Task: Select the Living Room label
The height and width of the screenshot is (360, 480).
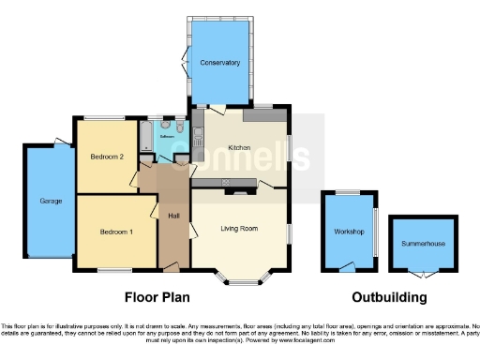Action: (x=239, y=229)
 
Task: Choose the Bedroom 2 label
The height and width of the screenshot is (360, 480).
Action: (x=108, y=157)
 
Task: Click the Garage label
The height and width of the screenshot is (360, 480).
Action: (x=50, y=202)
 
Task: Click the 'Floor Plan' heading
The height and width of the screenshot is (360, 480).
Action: (x=157, y=298)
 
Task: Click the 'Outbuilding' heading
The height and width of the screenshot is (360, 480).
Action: (x=389, y=298)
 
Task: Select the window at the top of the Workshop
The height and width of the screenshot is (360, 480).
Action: (x=347, y=192)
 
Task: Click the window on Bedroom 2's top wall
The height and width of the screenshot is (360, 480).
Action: (x=101, y=116)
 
